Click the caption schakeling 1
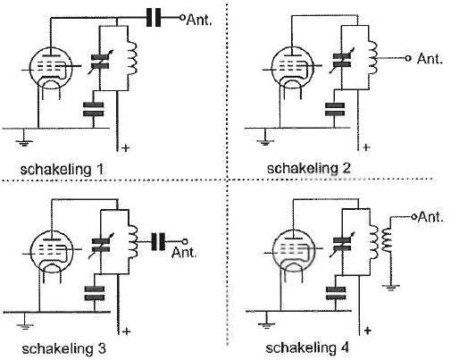pyautogui.click(x=62, y=170)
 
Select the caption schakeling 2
pyautogui.click(x=308, y=168)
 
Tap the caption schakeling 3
pyautogui.click(x=64, y=348)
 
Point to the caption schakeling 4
pyautogui.click(x=307, y=347)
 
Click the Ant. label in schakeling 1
pyautogui.click(x=199, y=20)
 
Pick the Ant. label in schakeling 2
pyautogui.click(x=430, y=58)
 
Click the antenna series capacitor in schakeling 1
pyautogui.click(x=154, y=17)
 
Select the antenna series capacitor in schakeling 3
pyautogui.click(x=158, y=241)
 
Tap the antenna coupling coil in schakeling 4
pyautogui.click(x=387, y=240)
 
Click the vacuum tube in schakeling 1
pyautogui.click(x=51, y=69)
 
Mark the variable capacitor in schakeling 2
pyautogui.click(x=342, y=61)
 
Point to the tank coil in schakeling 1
pyautogui.click(x=132, y=58)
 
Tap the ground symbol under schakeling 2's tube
pyautogui.click(x=264, y=139)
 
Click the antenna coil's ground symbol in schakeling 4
pyautogui.click(x=391, y=287)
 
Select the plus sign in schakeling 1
pyautogui.click(x=126, y=147)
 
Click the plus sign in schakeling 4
pyautogui.click(x=368, y=331)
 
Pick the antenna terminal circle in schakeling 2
pyautogui.click(x=408, y=58)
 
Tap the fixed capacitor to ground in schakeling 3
pyautogui.click(x=95, y=293)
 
